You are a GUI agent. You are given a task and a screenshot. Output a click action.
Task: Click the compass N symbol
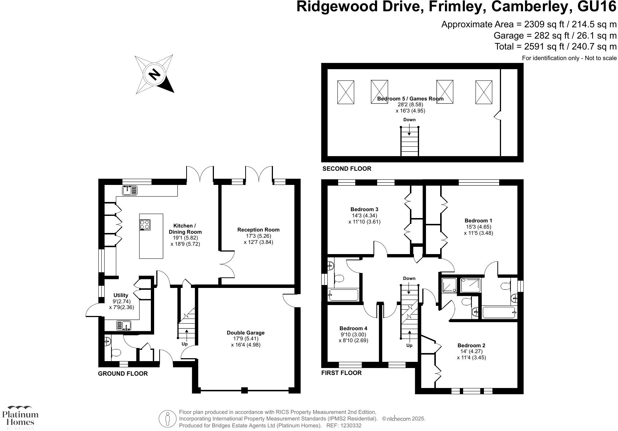point(154,74)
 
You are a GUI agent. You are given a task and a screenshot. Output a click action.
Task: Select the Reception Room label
point(258,230)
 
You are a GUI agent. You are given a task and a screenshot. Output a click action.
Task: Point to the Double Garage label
point(246,333)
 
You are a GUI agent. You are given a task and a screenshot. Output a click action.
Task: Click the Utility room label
point(121,295)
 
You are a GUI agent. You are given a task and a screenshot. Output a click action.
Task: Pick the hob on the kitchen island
point(145,224)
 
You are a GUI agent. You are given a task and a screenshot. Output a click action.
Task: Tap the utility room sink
point(124,325)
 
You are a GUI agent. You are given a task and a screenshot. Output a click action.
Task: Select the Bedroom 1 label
point(478,221)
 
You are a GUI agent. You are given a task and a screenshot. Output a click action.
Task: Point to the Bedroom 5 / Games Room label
point(410,99)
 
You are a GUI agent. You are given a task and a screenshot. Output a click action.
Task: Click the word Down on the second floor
point(409,120)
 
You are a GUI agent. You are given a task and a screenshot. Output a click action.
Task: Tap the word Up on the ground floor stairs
point(185,344)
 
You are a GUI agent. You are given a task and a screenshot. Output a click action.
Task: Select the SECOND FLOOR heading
point(347,169)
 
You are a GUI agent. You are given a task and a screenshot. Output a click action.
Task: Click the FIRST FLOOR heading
point(341,373)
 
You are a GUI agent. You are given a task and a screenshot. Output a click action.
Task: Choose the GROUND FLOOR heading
point(123,373)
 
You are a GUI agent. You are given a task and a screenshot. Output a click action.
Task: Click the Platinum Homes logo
point(20,417)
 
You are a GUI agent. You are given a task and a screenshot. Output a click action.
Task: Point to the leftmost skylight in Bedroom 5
point(345,92)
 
